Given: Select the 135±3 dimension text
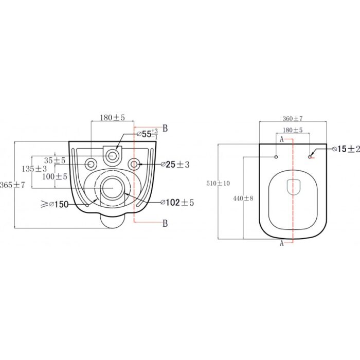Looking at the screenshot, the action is tap(34, 169).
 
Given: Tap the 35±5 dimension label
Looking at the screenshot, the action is tap(55, 160).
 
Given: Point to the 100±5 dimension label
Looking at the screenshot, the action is tap(55, 176).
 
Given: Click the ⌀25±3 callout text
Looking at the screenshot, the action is tap(175, 165).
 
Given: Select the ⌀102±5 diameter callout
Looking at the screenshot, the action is tap(177, 203).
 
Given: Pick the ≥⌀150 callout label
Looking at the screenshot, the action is tap(55, 204).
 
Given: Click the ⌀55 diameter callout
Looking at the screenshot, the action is tap(148, 134).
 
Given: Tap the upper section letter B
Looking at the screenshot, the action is tap(165, 129).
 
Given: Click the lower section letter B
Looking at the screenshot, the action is tap(165, 223).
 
